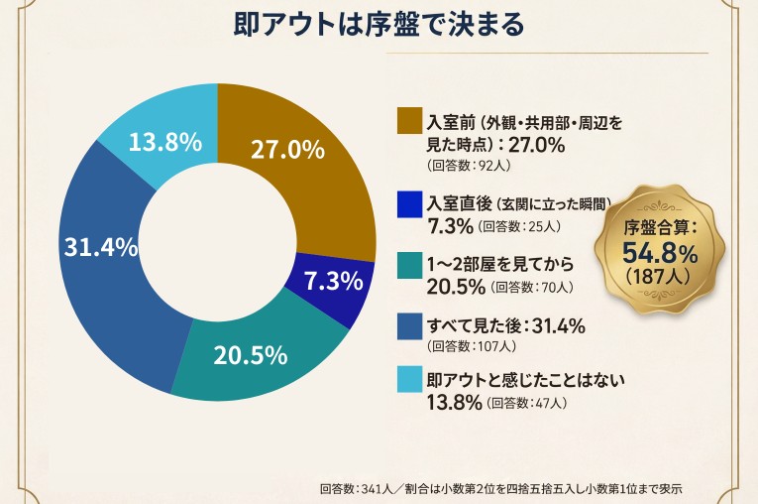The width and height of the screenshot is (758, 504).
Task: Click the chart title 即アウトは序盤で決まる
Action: click(x=379, y=24)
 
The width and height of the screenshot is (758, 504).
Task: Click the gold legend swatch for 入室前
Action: click(x=409, y=121)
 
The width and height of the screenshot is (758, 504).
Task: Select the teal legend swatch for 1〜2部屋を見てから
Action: click(x=409, y=265)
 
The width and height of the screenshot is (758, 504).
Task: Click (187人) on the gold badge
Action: click(x=660, y=278)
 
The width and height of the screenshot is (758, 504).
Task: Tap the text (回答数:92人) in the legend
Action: click(x=469, y=166)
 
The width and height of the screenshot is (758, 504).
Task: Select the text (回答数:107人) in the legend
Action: click(x=471, y=346)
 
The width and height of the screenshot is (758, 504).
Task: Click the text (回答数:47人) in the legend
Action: click(x=527, y=403)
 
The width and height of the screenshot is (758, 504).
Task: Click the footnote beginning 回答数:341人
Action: click(x=501, y=488)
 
